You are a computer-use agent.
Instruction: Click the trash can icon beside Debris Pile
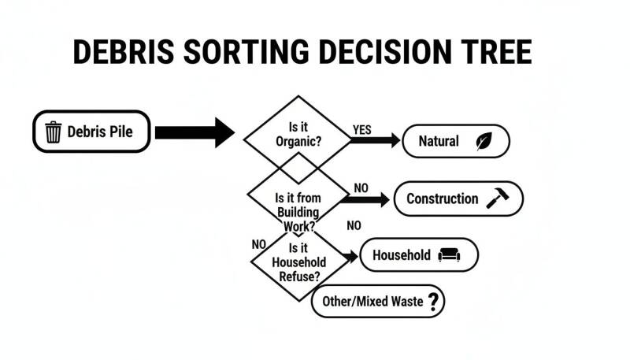(x=53, y=132)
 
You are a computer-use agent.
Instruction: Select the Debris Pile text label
(x=100, y=132)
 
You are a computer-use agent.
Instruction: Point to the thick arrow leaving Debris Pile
(x=195, y=132)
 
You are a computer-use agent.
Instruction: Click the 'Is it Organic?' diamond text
(x=298, y=134)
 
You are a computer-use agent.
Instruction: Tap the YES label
(x=362, y=130)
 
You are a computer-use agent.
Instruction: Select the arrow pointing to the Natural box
(x=375, y=140)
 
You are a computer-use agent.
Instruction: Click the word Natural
(x=439, y=141)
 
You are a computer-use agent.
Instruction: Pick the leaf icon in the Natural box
(x=484, y=141)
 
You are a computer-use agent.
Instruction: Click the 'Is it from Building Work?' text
(x=298, y=212)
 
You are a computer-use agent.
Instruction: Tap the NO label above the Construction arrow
(x=361, y=188)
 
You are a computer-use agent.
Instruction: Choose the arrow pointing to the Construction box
(x=365, y=199)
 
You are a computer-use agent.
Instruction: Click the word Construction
(x=443, y=199)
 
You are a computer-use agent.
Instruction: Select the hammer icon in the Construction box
(x=498, y=198)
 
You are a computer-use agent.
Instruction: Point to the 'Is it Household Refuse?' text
(x=299, y=262)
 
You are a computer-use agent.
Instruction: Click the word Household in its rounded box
(x=402, y=255)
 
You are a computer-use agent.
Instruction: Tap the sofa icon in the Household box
(x=449, y=254)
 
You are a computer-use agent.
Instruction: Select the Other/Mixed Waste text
(x=372, y=302)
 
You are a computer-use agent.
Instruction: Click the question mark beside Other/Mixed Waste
(x=433, y=302)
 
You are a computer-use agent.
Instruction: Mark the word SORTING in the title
(x=246, y=52)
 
